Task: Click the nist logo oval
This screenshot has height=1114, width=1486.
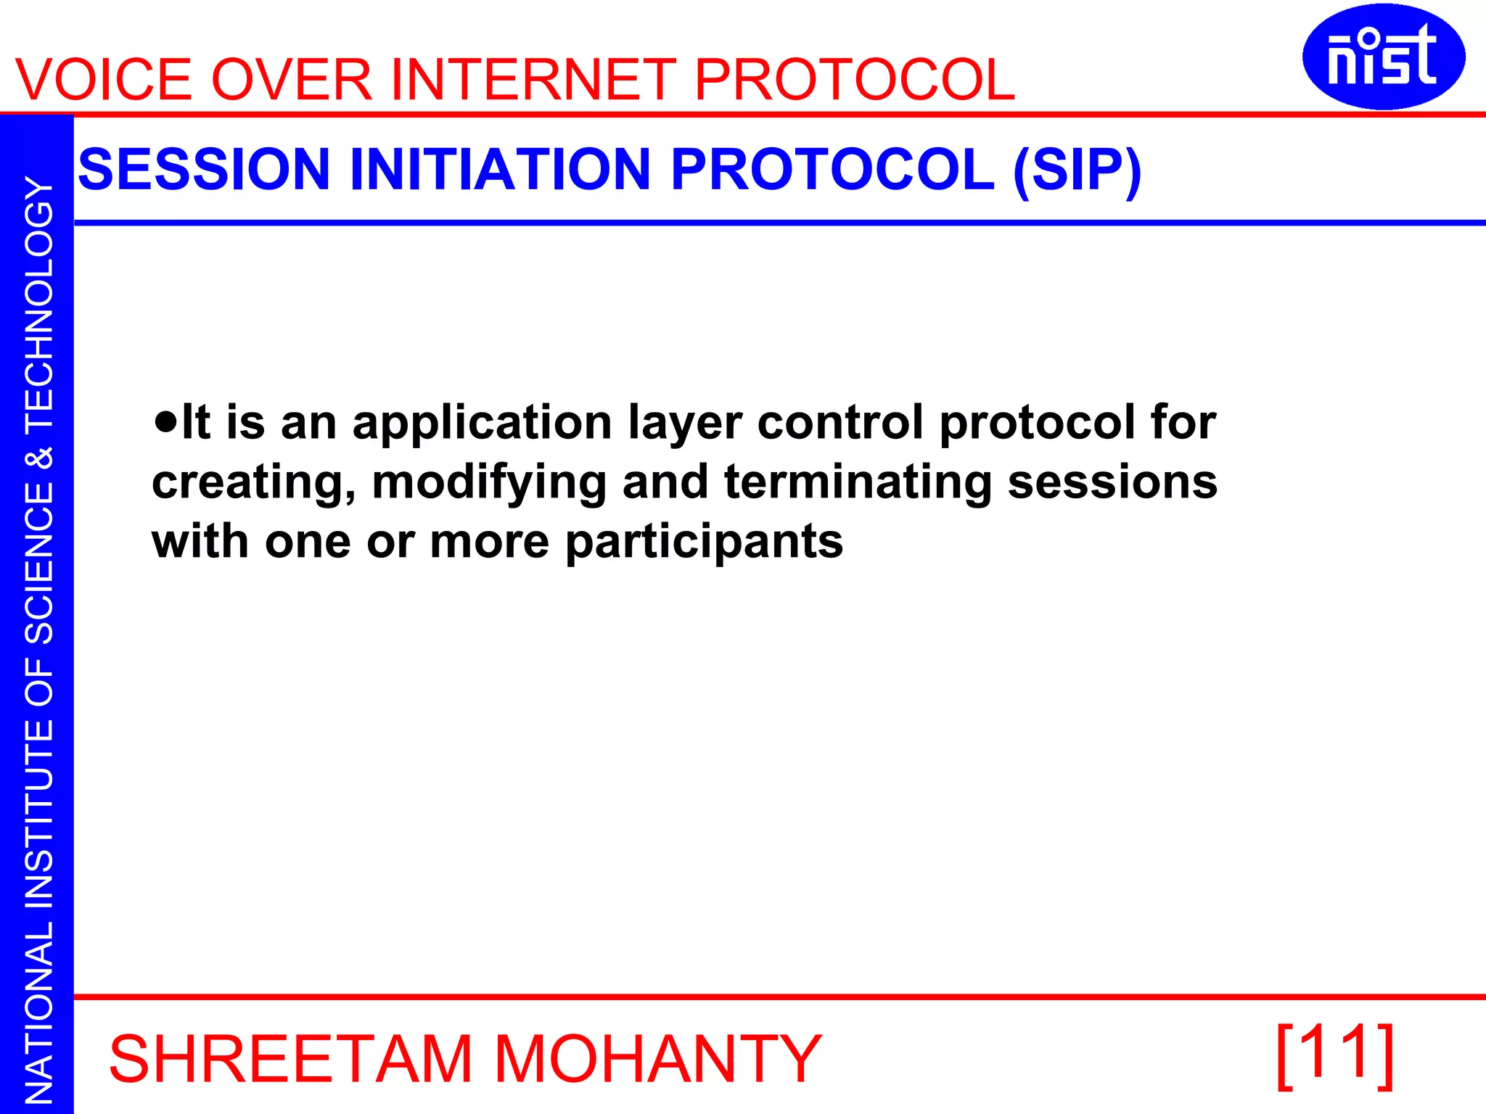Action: tap(1383, 57)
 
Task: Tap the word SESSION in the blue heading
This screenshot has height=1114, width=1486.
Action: tap(204, 170)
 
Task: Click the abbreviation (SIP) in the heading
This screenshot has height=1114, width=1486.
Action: tap(1077, 170)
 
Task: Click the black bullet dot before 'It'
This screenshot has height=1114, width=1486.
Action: tap(165, 421)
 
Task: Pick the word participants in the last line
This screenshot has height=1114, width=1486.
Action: tap(704, 542)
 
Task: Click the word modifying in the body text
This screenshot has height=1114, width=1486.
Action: tap(489, 483)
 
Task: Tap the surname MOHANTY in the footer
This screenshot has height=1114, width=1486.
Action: tap(657, 1060)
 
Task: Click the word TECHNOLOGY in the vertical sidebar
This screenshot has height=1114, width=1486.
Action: tap(39, 305)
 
